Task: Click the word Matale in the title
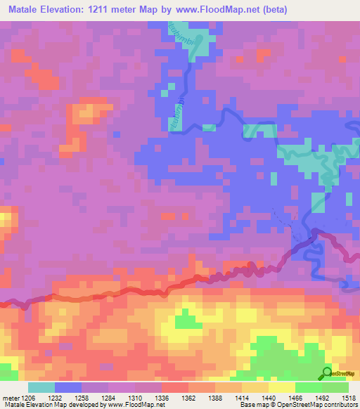[x=27, y=10]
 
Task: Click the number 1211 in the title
[x=112, y=10]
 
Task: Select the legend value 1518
[x=349, y=397]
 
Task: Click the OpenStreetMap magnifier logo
[x=328, y=372]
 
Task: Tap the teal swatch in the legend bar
[x=41, y=387]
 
